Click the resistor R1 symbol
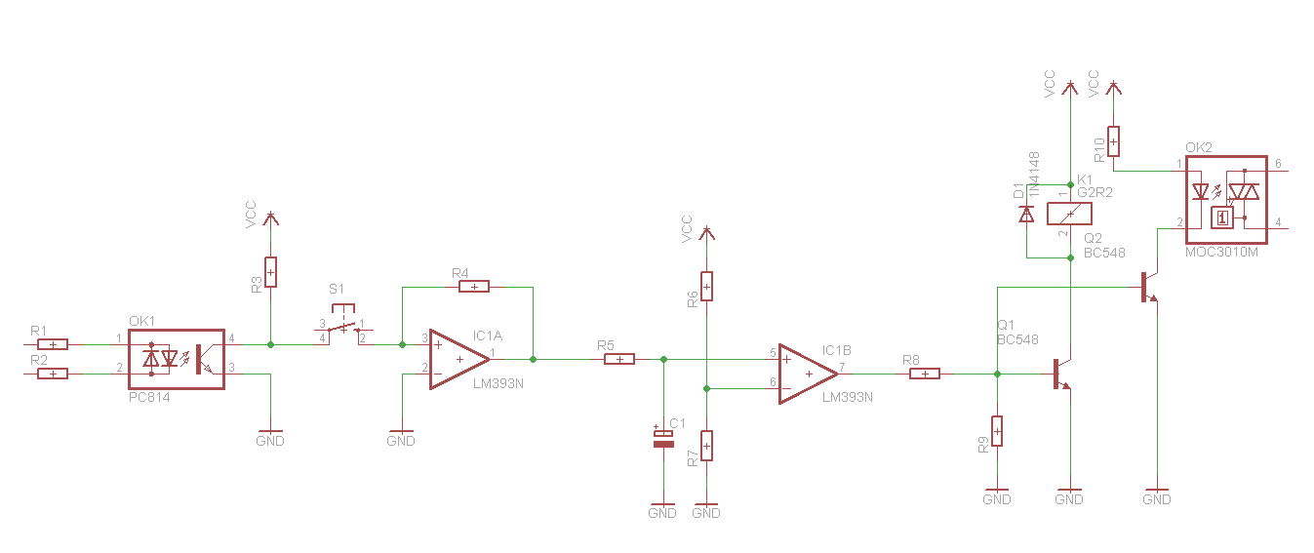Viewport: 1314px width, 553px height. (53, 344)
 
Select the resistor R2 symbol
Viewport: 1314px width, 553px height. (53, 374)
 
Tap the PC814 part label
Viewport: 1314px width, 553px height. (149, 397)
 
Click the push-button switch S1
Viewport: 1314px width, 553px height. (343, 323)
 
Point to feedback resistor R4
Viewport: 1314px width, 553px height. (474, 287)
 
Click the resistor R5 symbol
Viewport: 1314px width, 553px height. (619, 359)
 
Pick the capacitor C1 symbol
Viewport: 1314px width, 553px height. (663, 439)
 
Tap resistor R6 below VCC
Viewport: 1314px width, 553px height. (707, 287)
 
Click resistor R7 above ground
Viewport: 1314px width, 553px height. (707, 446)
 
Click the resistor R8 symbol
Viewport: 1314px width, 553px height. (925, 374)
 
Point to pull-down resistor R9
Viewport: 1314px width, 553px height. (997, 431)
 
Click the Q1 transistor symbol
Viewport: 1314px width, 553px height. (1062, 374)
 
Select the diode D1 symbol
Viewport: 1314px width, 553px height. (1026, 215)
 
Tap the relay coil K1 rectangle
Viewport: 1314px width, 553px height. (1070, 214)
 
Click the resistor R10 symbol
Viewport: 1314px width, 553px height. (1113, 141)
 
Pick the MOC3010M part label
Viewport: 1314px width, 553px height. (1221, 253)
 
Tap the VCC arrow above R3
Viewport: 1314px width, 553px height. (270, 218)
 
